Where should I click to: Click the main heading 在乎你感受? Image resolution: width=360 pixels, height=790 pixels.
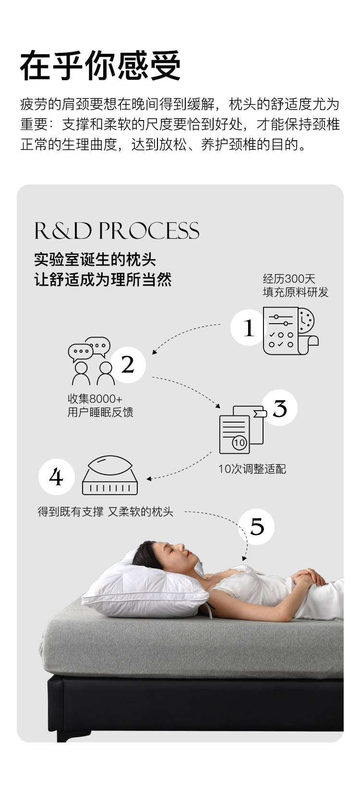[100, 66]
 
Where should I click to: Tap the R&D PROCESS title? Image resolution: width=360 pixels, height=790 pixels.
[117, 231]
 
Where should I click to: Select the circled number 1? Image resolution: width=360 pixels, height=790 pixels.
[248, 328]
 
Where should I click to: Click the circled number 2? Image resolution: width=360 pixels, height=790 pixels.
[127, 365]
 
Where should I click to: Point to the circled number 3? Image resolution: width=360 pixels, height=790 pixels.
[279, 408]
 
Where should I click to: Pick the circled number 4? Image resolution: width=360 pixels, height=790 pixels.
[56, 477]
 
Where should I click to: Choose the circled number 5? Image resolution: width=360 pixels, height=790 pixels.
[257, 527]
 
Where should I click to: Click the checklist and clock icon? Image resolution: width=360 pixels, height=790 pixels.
[290, 331]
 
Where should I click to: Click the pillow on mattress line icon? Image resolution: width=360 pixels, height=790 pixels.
[110, 475]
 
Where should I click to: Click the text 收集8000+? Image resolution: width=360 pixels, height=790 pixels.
[95, 399]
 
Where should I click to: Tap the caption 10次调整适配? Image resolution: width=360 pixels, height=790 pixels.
[252, 469]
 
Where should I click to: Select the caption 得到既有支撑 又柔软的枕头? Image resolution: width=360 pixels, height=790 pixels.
[106, 512]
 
